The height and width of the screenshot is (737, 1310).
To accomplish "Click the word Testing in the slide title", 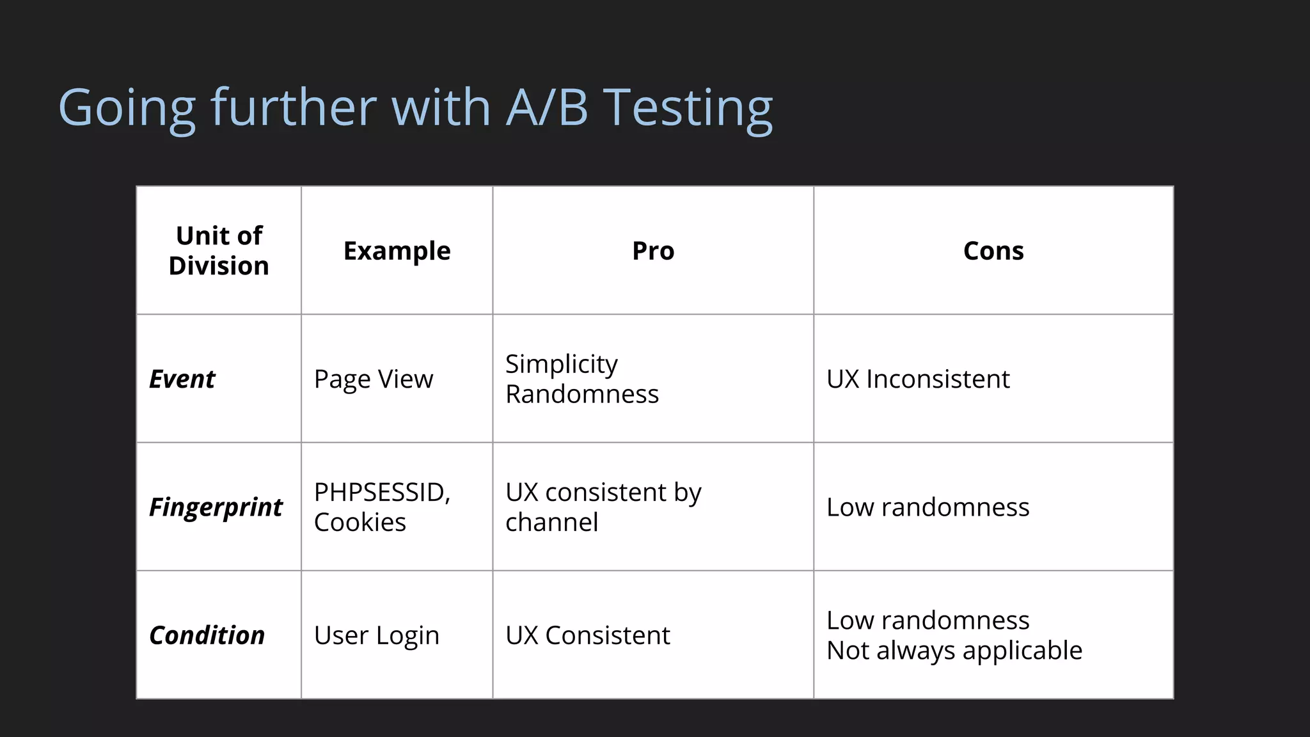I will tap(688, 107).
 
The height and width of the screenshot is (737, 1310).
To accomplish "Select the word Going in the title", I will tap(127, 107).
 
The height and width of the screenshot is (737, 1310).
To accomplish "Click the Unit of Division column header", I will tap(219, 251).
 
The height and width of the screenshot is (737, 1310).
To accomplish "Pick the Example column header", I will tap(397, 251).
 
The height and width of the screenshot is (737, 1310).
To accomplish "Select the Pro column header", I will tap(653, 251).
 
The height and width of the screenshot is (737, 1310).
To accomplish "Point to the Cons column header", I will tap(993, 251).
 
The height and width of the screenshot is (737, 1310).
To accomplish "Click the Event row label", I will tap(182, 379).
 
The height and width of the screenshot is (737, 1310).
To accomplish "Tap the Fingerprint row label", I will tap(216, 507).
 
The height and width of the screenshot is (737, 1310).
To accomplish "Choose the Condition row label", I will tap(207, 635).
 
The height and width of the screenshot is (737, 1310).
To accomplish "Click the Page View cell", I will tap(374, 379).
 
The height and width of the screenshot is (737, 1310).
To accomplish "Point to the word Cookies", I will tap(360, 523).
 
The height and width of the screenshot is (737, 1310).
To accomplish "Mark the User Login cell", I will tap(377, 635).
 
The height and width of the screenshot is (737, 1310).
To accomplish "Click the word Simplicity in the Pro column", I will tap(562, 365).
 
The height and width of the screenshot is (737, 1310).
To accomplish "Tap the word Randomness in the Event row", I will tap(582, 394).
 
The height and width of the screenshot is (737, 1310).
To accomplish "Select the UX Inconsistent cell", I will tap(918, 379).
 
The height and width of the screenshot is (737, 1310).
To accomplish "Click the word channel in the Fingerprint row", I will tap(552, 523).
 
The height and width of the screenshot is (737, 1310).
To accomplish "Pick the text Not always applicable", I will tap(954, 651).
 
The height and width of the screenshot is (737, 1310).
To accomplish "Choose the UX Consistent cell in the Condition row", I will tap(588, 635).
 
